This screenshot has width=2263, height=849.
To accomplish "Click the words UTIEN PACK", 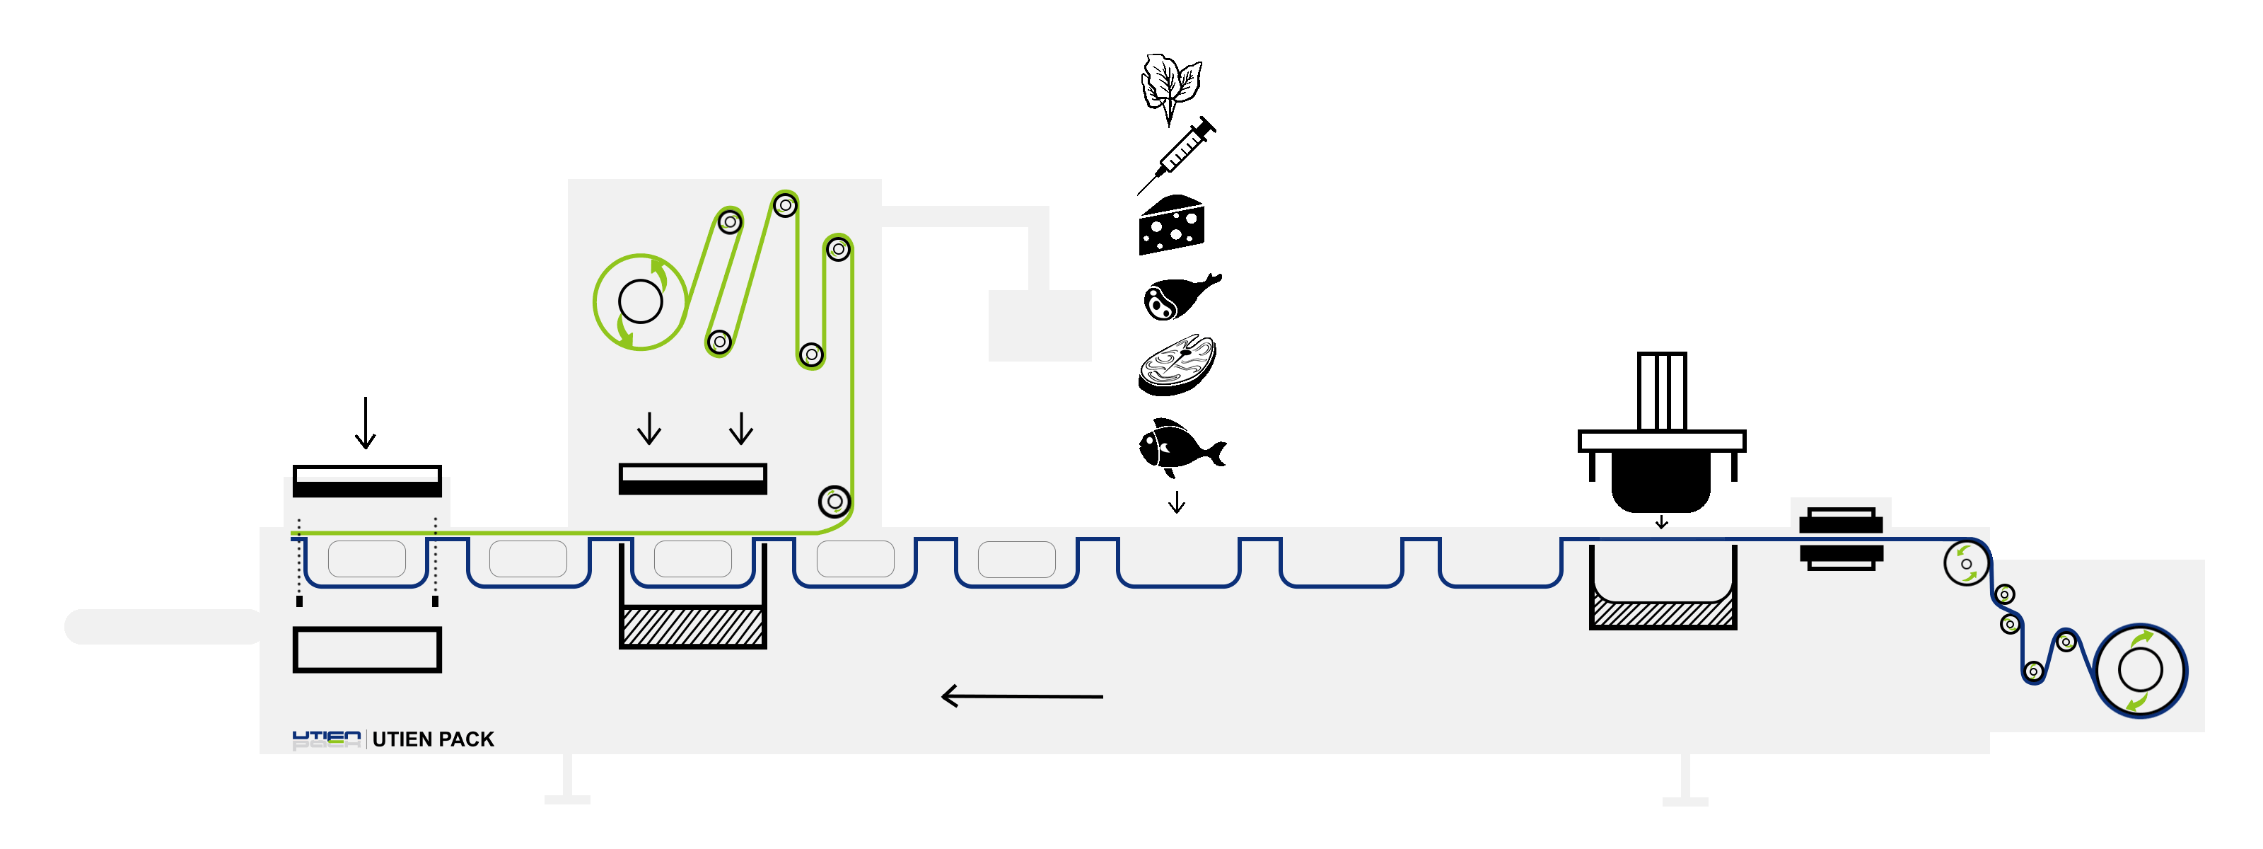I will click(x=433, y=739).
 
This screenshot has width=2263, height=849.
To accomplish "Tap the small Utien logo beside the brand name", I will click(x=326, y=739).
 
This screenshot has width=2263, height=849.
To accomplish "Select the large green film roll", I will click(x=641, y=301).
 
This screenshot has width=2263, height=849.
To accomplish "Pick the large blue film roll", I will click(x=2140, y=671).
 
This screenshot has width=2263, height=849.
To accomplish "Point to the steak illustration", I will click(x=1177, y=360).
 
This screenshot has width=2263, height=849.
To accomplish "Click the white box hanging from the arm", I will click(x=1040, y=325).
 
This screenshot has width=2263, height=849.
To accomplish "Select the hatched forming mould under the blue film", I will click(x=1663, y=612).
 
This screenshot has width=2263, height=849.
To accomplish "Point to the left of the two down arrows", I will click(x=649, y=429).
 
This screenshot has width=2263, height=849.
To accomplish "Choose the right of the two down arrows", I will click(x=741, y=429).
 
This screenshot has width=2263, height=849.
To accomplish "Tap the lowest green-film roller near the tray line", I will click(x=834, y=502).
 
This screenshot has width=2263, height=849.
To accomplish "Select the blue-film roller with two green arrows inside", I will click(x=1966, y=563).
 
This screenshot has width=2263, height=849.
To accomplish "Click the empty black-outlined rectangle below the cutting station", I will click(x=366, y=649).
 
